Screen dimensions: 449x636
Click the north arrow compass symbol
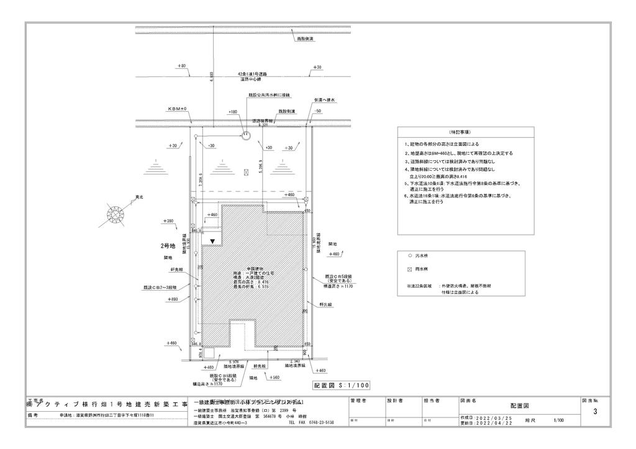pos(116,214)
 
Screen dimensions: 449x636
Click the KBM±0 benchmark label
pos(177,109)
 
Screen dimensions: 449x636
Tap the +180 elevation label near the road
pos(233,112)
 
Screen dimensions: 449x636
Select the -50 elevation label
pos(317,111)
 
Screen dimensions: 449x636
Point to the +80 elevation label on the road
pos(181,66)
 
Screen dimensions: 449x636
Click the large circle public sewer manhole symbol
pos(247,136)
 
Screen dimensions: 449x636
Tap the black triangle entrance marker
pos(213,240)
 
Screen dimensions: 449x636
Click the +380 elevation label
pos(168,221)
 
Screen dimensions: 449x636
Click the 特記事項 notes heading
pos(458,133)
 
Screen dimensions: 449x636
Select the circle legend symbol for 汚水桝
pos(409,256)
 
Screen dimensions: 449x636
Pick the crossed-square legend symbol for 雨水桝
pos(409,270)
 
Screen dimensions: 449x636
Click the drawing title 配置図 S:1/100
pos(341,385)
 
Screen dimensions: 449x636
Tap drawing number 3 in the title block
pos(595,412)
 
